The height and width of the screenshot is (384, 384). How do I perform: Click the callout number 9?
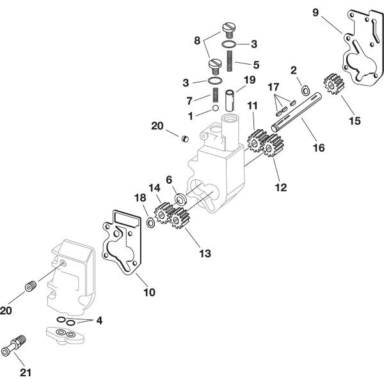(x=315, y=12)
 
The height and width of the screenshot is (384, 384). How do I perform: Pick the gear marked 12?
(x=273, y=148)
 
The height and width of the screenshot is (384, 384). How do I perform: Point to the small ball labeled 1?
(x=216, y=115)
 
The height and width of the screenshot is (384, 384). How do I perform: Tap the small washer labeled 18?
(x=150, y=222)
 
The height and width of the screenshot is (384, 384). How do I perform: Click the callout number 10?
(x=148, y=292)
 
